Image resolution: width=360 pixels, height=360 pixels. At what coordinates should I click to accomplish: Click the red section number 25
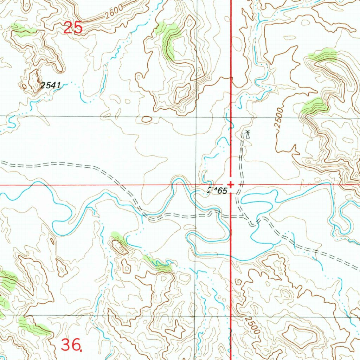pos(73,28)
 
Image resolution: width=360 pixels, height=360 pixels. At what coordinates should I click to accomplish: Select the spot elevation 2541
pos(51,85)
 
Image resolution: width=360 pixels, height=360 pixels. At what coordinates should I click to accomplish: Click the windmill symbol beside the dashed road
pos(248,134)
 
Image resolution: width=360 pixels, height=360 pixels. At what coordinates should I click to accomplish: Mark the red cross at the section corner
pos(231,184)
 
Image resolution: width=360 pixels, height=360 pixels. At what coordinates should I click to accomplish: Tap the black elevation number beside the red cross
pos(217,191)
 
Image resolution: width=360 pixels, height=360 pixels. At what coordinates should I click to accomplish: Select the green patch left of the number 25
pos(23,30)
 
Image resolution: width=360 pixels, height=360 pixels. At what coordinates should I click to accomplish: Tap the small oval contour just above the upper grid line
pos(147,120)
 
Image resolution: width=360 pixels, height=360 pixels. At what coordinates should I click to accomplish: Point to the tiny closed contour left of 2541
pos(24,86)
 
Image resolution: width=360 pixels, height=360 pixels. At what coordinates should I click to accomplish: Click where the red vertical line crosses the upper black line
pos(231,117)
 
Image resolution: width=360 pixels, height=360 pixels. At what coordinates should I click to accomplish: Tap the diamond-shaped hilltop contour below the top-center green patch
pos(182,93)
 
